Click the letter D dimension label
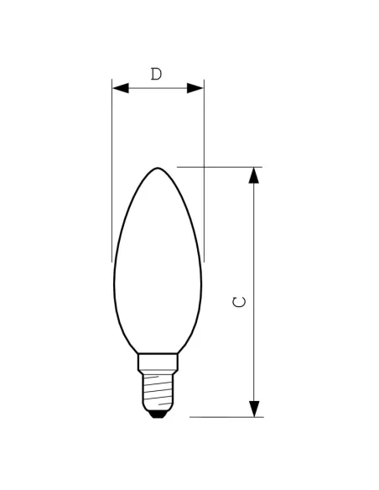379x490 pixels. [157, 74]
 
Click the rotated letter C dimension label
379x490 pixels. [240, 300]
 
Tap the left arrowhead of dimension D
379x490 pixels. [118, 87]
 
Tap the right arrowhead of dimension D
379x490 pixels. [197, 87]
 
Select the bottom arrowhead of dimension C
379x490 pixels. [254, 409]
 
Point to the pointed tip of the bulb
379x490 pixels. [158, 168]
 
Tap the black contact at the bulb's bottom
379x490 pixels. [157, 414]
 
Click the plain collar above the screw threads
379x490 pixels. [157, 362]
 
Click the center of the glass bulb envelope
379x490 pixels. [158, 268]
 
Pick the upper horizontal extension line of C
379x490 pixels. [218, 166]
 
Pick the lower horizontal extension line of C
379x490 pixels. [222, 416]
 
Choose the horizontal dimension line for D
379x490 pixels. [158, 87]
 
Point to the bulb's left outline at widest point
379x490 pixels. [114, 285]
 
